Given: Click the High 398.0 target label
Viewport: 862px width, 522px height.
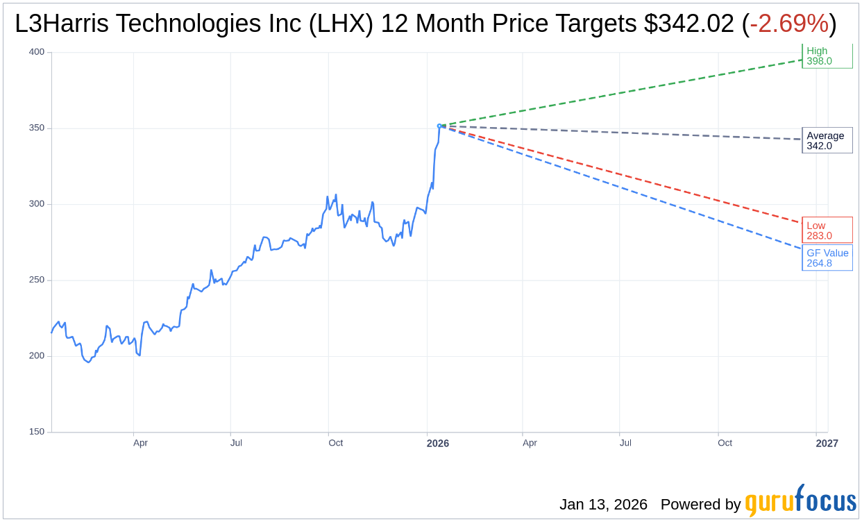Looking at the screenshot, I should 826,56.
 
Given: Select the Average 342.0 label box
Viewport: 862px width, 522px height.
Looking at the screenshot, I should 827,140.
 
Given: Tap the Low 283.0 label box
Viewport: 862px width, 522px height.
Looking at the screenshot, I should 827,230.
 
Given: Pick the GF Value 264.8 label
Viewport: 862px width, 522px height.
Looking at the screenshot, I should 827,258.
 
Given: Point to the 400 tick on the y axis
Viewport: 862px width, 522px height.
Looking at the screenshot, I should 37,52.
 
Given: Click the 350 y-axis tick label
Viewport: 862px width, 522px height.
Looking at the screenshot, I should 37,128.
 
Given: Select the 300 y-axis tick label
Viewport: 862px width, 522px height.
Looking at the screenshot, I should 37,204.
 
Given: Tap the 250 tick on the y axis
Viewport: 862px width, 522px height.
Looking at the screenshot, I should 37,280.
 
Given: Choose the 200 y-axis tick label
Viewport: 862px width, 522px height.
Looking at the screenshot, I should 37,355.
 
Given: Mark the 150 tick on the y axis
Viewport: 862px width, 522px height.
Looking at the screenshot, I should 37,432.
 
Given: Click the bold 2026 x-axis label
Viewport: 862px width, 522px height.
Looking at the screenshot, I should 438,444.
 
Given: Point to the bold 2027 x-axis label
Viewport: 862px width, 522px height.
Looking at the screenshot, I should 827,444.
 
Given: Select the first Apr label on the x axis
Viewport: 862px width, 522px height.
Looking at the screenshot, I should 140,443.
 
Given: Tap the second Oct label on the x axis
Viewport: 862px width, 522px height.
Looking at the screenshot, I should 725,443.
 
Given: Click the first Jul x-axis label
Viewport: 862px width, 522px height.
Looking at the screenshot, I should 236,443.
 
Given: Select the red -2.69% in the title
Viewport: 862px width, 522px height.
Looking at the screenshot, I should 789,24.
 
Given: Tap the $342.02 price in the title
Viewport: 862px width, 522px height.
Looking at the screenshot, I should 688,24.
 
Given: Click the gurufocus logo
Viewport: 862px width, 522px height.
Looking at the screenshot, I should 800,501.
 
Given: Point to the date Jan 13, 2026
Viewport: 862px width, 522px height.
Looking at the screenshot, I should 603,505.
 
